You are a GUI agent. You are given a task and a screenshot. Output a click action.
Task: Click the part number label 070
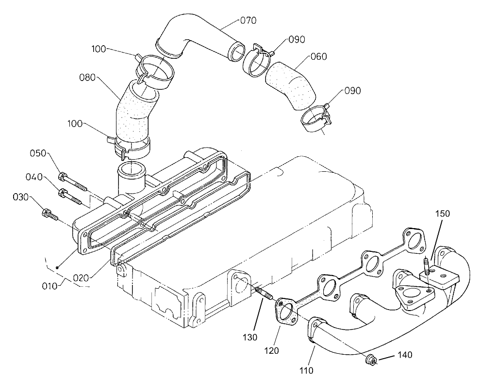click(248, 20)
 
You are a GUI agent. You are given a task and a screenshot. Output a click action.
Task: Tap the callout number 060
click(318, 57)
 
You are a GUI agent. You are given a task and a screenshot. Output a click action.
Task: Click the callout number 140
click(404, 356)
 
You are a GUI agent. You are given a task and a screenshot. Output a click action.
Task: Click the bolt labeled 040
click(71, 196)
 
